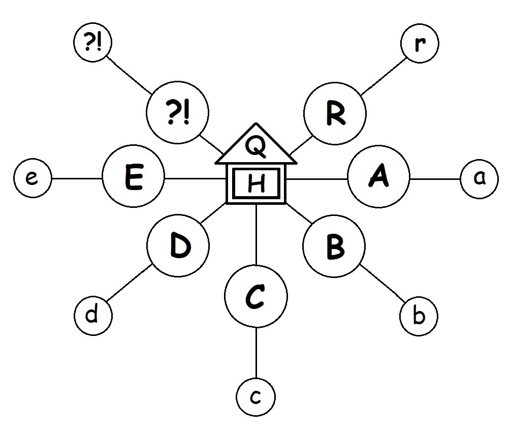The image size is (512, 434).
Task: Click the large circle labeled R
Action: [335, 114]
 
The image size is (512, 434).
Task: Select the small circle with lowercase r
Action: [420, 44]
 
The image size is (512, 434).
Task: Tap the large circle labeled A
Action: [378, 178]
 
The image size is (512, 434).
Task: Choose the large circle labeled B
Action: [334, 246]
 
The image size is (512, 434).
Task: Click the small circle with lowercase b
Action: [419, 317]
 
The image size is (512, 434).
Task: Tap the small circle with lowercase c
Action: [256, 397]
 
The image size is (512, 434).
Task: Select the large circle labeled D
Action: [178, 246]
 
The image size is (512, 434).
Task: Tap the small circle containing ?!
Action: [92, 43]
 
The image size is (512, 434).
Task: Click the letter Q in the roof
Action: [255, 147]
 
